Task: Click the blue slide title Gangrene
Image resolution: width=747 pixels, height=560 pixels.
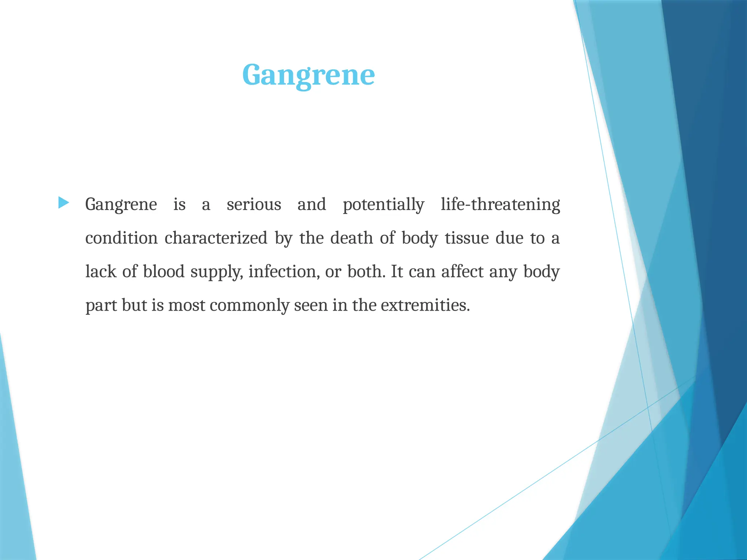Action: tap(308, 75)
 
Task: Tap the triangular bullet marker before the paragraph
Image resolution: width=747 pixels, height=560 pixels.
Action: tap(63, 203)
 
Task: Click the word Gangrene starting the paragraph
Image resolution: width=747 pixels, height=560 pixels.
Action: tap(121, 205)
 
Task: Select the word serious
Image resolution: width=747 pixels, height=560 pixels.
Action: tap(254, 204)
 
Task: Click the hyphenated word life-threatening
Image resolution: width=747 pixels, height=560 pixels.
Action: tap(500, 205)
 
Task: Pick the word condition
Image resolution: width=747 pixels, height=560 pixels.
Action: tap(121, 238)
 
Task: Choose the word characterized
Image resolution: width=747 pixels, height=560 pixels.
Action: tap(216, 238)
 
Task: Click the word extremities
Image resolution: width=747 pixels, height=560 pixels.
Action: tap(425, 306)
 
